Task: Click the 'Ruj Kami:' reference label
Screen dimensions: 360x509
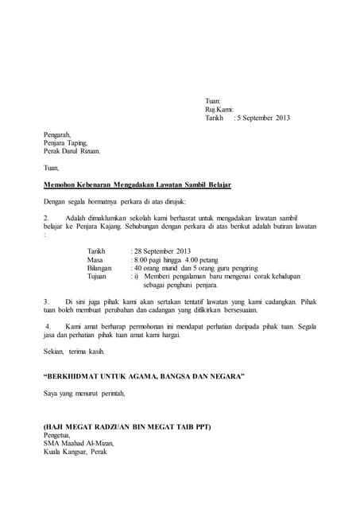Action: (x=219, y=109)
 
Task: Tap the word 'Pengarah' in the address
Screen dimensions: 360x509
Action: (x=57, y=134)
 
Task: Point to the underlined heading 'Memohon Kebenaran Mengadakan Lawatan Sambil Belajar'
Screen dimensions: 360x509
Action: (x=137, y=185)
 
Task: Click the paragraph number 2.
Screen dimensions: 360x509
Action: (x=46, y=217)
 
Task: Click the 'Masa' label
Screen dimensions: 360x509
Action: (x=95, y=259)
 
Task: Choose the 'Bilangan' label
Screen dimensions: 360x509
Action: (x=100, y=268)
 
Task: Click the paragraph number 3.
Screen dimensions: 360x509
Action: (x=46, y=301)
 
